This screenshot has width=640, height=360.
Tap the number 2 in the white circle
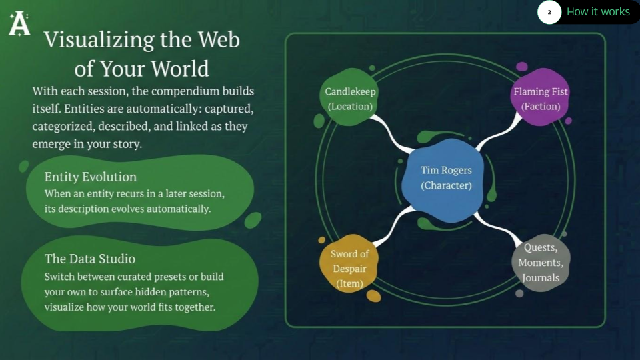coord(549,12)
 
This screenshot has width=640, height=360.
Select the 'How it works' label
coord(597,12)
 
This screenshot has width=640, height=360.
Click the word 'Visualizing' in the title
coord(98,40)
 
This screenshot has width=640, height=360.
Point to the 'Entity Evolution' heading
coord(91,177)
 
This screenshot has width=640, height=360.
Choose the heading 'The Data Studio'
coord(90,259)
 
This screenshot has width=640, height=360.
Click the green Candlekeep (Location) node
coord(350,98)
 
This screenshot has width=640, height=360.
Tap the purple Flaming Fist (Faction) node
coord(540,98)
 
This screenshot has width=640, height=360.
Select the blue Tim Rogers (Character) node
coord(446,178)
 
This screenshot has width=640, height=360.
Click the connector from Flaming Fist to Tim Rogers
coord(497,133)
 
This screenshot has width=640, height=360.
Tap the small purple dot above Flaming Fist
coord(522,67)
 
